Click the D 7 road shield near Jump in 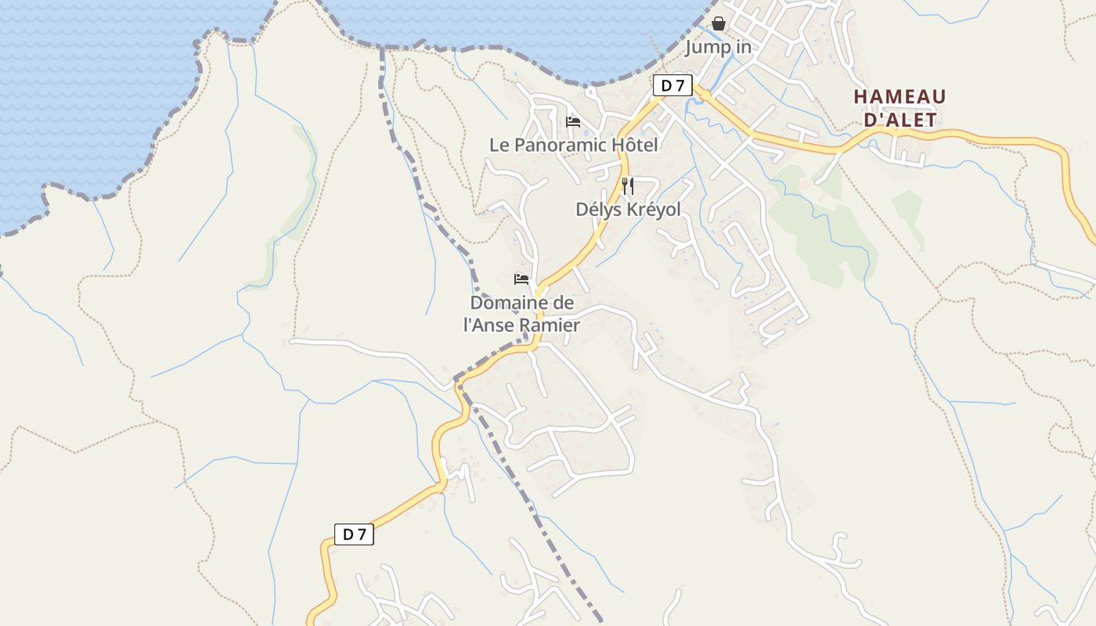[672, 85]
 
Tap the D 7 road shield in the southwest [355, 534]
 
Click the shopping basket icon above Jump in [719, 23]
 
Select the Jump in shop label [718, 47]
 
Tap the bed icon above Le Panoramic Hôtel [573, 121]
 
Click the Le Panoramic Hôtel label [573, 145]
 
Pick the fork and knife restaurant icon [627, 186]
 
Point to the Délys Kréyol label [628, 210]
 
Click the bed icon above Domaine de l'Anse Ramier [521, 279]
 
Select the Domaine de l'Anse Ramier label [521, 314]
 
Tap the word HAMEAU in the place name [900, 97]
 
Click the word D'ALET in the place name [900, 120]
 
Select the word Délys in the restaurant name [595, 210]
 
